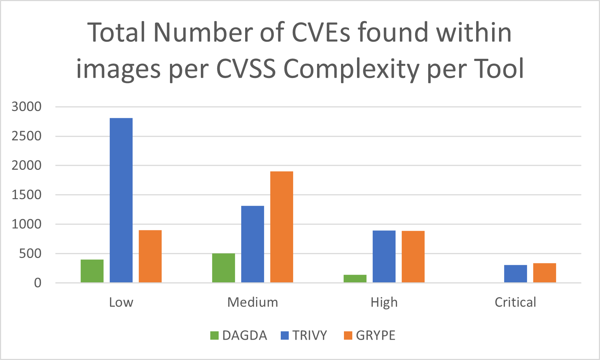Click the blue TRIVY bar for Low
coord(121,200)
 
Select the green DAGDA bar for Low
coord(92,271)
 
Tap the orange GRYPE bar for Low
coord(150,256)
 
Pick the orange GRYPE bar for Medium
coord(281,227)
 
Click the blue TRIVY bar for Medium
coord(252,244)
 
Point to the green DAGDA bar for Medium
coord(223,268)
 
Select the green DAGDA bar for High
coord(355,278)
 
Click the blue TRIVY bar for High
coord(384,256)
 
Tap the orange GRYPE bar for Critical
coord(544,273)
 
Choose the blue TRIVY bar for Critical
coord(515,274)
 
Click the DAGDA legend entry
coord(239,335)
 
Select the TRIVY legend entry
coord(304,335)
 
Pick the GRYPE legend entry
coord(370,335)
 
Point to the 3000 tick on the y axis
coord(27,107)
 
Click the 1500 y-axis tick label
coord(27,195)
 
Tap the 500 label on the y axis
coord(31,254)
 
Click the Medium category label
coord(252,302)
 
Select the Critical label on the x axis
coord(515,302)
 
